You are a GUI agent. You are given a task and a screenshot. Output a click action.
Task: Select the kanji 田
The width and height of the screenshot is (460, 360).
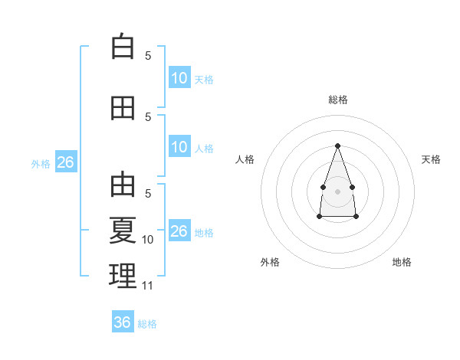123,108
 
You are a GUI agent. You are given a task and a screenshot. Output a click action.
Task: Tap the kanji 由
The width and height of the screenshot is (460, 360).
123,185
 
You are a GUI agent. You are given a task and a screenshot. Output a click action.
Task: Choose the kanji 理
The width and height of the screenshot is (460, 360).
123,276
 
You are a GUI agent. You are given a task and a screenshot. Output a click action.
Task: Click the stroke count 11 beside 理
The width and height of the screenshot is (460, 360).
148,286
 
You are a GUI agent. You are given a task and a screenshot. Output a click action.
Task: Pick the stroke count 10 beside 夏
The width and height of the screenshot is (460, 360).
148,240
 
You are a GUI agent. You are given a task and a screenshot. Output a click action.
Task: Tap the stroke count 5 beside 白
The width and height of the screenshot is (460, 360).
148,55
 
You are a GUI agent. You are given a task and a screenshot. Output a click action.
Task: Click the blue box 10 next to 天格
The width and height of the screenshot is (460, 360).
179,78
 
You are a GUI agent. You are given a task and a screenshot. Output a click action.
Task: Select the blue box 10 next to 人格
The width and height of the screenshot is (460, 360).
179,147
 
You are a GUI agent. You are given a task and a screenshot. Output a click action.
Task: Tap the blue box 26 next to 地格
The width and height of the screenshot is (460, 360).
179,231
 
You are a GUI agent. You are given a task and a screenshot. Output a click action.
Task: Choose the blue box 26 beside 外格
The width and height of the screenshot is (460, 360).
65,162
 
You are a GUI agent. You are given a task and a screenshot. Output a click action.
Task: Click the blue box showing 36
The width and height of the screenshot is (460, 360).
123,322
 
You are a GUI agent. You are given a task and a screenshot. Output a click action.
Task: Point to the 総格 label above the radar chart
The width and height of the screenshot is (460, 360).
337,100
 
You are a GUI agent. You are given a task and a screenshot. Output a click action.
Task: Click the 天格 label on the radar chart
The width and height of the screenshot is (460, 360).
431,159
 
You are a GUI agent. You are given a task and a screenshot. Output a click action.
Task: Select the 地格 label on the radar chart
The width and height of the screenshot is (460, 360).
402,262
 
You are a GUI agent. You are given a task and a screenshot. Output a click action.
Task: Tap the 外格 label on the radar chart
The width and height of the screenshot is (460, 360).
270,262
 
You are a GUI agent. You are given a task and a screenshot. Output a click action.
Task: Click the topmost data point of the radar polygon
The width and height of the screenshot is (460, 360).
337,146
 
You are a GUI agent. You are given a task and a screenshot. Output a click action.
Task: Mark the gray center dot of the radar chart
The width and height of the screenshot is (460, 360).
337,191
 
